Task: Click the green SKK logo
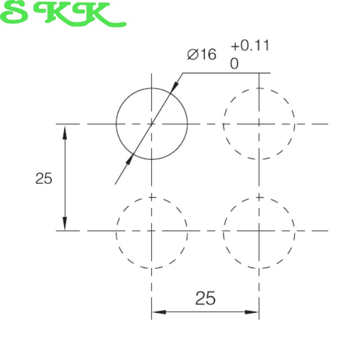[x=63, y=14]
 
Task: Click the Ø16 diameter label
[x=202, y=54]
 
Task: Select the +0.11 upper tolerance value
[x=250, y=45]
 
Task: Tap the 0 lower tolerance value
[x=234, y=63]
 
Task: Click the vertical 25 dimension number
[x=44, y=179]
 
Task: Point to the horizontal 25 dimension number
[x=205, y=298]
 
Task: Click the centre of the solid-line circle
[x=152, y=124]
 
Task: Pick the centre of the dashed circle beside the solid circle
[x=259, y=124]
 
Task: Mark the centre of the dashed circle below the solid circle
[x=152, y=231]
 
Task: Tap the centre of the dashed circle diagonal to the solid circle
[x=259, y=231]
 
